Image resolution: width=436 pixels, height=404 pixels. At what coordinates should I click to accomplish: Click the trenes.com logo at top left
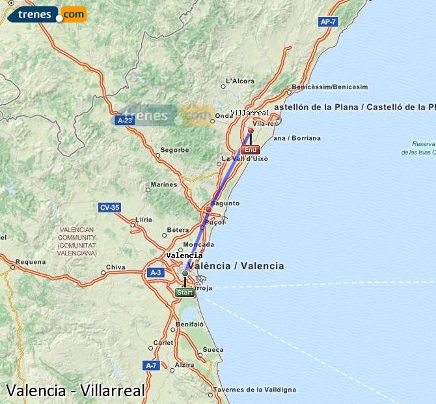tap(44, 13)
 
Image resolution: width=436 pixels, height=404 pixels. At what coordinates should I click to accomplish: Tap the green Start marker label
tap(185, 293)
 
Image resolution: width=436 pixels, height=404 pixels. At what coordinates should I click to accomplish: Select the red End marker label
tap(251, 150)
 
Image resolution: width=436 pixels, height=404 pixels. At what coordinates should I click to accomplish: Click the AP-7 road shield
tap(329, 22)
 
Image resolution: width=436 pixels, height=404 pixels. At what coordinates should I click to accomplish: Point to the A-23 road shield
tap(124, 120)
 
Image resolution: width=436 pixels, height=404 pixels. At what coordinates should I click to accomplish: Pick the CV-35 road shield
tap(109, 208)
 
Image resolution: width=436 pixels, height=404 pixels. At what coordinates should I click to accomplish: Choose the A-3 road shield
tap(155, 272)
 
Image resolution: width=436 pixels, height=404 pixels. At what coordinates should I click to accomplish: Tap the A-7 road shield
tap(151, 366)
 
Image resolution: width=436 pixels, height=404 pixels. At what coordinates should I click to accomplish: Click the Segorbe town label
tap(174, 150)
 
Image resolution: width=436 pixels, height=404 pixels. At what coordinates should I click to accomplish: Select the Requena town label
tap(31, 262)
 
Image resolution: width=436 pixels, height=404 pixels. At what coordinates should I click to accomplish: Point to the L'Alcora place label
tap(239, 81)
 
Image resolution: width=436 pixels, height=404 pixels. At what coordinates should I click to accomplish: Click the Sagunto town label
tap(227, 203)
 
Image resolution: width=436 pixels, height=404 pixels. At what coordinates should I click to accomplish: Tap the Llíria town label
tap(144, 220)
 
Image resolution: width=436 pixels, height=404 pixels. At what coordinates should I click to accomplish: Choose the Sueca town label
tap(213, 350)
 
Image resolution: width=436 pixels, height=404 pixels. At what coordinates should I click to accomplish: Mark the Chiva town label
tap(115, 267)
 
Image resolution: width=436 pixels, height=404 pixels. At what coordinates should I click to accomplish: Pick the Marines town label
tap(164, 184)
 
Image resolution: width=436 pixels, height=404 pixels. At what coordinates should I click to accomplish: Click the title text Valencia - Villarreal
tap(75, 390)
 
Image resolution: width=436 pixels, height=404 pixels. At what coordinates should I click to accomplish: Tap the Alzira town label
tap(185, 365)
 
